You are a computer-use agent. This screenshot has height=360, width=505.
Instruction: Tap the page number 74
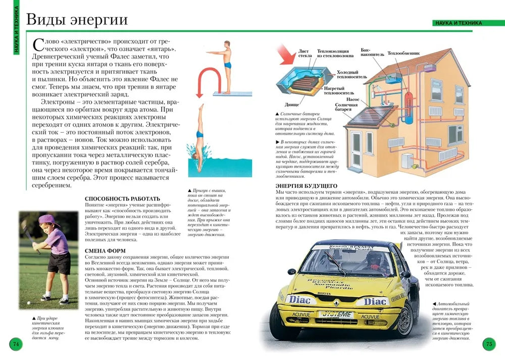16,344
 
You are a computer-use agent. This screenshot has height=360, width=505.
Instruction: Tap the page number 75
489,344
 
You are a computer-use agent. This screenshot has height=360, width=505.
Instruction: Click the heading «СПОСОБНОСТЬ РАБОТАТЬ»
122,198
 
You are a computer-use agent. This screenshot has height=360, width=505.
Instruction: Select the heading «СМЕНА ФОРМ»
105,250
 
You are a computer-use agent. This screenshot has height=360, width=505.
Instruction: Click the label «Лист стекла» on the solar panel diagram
305,54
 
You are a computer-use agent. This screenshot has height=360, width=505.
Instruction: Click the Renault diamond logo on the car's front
334,302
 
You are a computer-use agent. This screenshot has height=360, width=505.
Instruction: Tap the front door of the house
357,151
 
